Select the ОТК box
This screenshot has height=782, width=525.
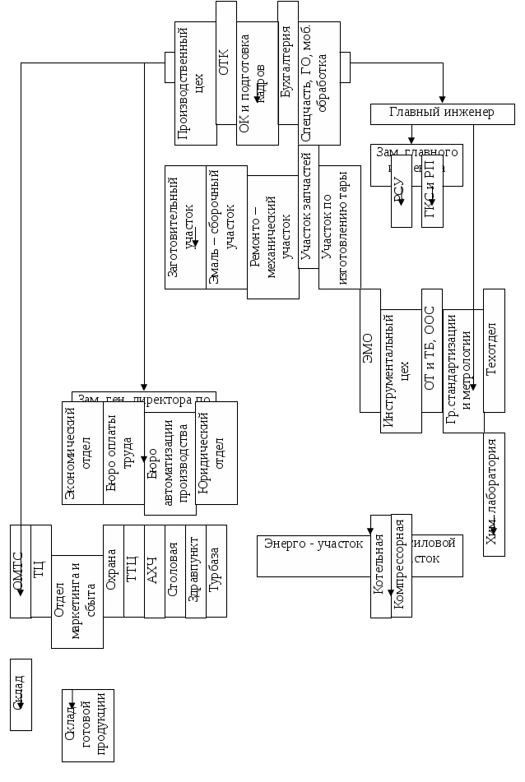(x=225, y=63)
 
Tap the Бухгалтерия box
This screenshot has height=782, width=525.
(x=287, y=63)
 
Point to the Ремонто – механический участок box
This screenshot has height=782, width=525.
(x=272, y=236)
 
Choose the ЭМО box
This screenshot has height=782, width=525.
(x=369, y=349)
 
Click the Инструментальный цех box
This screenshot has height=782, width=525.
(x=401, y=370)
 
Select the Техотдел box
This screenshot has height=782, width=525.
(x=494, y=349)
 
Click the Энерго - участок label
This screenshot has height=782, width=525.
(x=314, y=544)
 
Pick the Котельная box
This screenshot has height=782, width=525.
(x=379, y=566)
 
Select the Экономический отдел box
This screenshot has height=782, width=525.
(x=82, y=452)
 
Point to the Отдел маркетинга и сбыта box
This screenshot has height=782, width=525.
(x=77, y=600)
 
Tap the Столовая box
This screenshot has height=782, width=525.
(x=174, y=571)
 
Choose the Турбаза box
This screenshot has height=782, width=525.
(x=216, y=571)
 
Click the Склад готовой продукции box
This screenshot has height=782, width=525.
(x=87, y=724)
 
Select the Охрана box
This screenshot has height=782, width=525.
(x=113, y=571)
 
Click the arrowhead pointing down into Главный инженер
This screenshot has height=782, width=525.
(x=443, y=99)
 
